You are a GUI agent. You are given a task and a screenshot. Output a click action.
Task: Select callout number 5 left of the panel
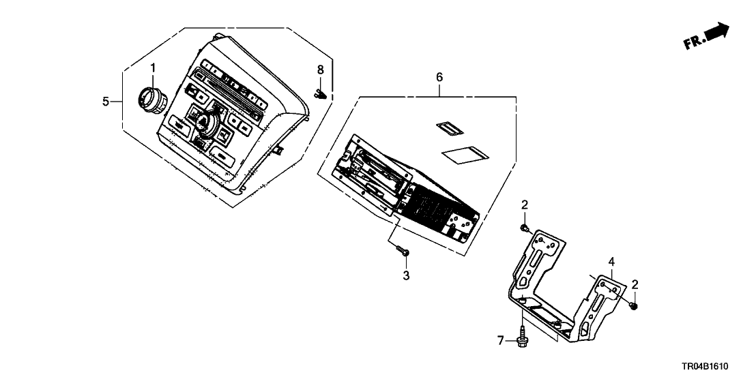tap(106, 102)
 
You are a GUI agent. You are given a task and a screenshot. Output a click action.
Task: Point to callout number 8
tap(320, 70)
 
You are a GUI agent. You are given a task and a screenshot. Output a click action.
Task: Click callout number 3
tap(406, 275)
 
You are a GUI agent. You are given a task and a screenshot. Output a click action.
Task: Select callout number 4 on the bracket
tap(612, 261)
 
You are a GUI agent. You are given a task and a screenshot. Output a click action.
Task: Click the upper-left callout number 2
tap(524, 205)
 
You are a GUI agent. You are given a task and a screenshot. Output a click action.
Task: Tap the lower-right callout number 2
tap(635, 284)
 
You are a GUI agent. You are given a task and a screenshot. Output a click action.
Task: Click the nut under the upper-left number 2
tap(524, 227)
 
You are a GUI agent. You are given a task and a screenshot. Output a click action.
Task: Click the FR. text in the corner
tap(693, 44)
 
